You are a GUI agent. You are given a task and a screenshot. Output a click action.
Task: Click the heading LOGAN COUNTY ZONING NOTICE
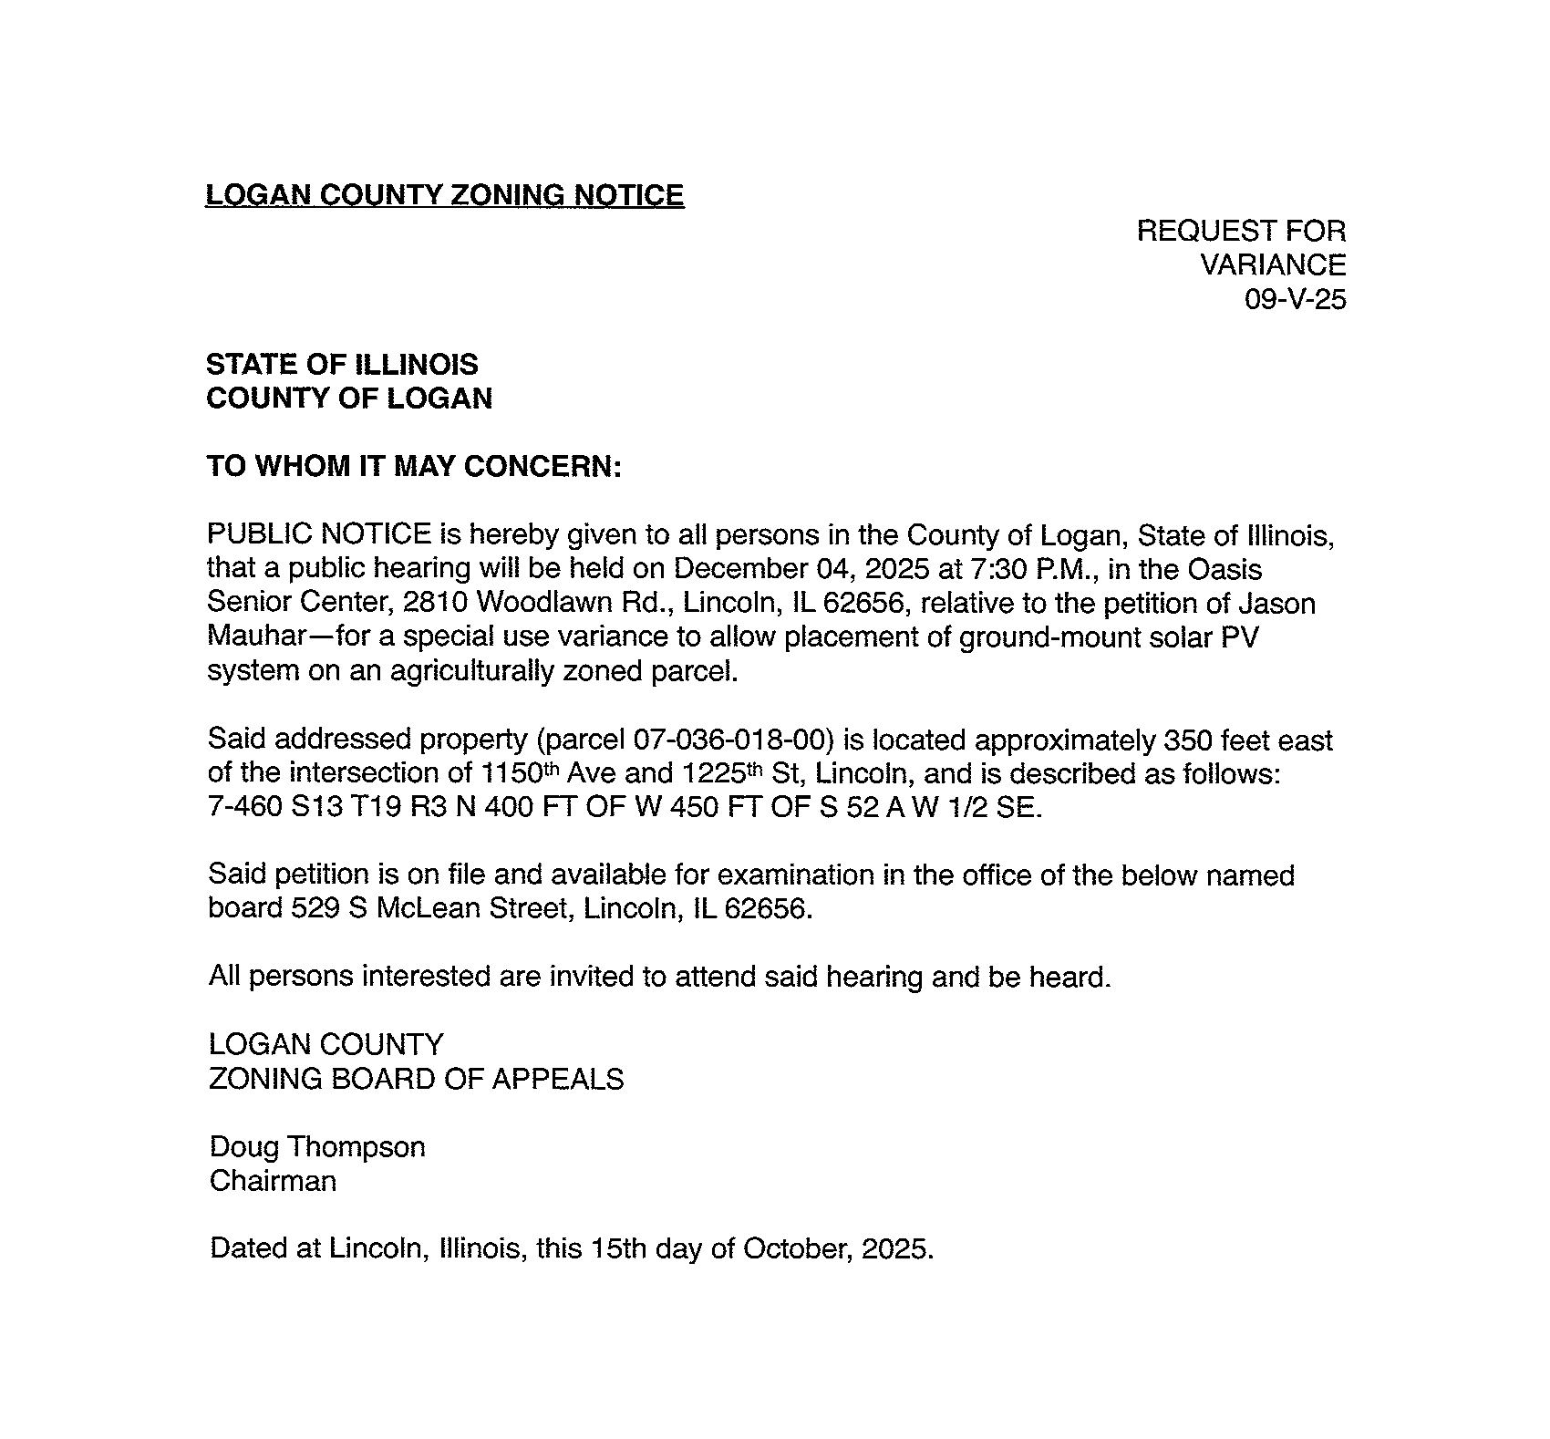pos(444,195)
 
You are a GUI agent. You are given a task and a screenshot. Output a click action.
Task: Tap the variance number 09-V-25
pos(1295,299)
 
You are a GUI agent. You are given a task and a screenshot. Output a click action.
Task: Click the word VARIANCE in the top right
pos(1272,265)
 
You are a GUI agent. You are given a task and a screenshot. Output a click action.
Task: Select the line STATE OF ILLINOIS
pos(342,365)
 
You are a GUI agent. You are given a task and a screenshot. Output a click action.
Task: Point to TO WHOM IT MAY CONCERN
pos(414,466)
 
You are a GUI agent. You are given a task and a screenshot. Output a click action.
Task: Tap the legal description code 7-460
pos(244,808)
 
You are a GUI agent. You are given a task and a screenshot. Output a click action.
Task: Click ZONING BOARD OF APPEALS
pos(416,1079)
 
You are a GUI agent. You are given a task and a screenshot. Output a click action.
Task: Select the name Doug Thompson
pos(317,1146)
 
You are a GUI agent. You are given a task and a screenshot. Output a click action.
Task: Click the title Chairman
pos(273,1181)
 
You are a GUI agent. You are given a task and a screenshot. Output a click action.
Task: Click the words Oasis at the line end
pos(1224,569)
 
